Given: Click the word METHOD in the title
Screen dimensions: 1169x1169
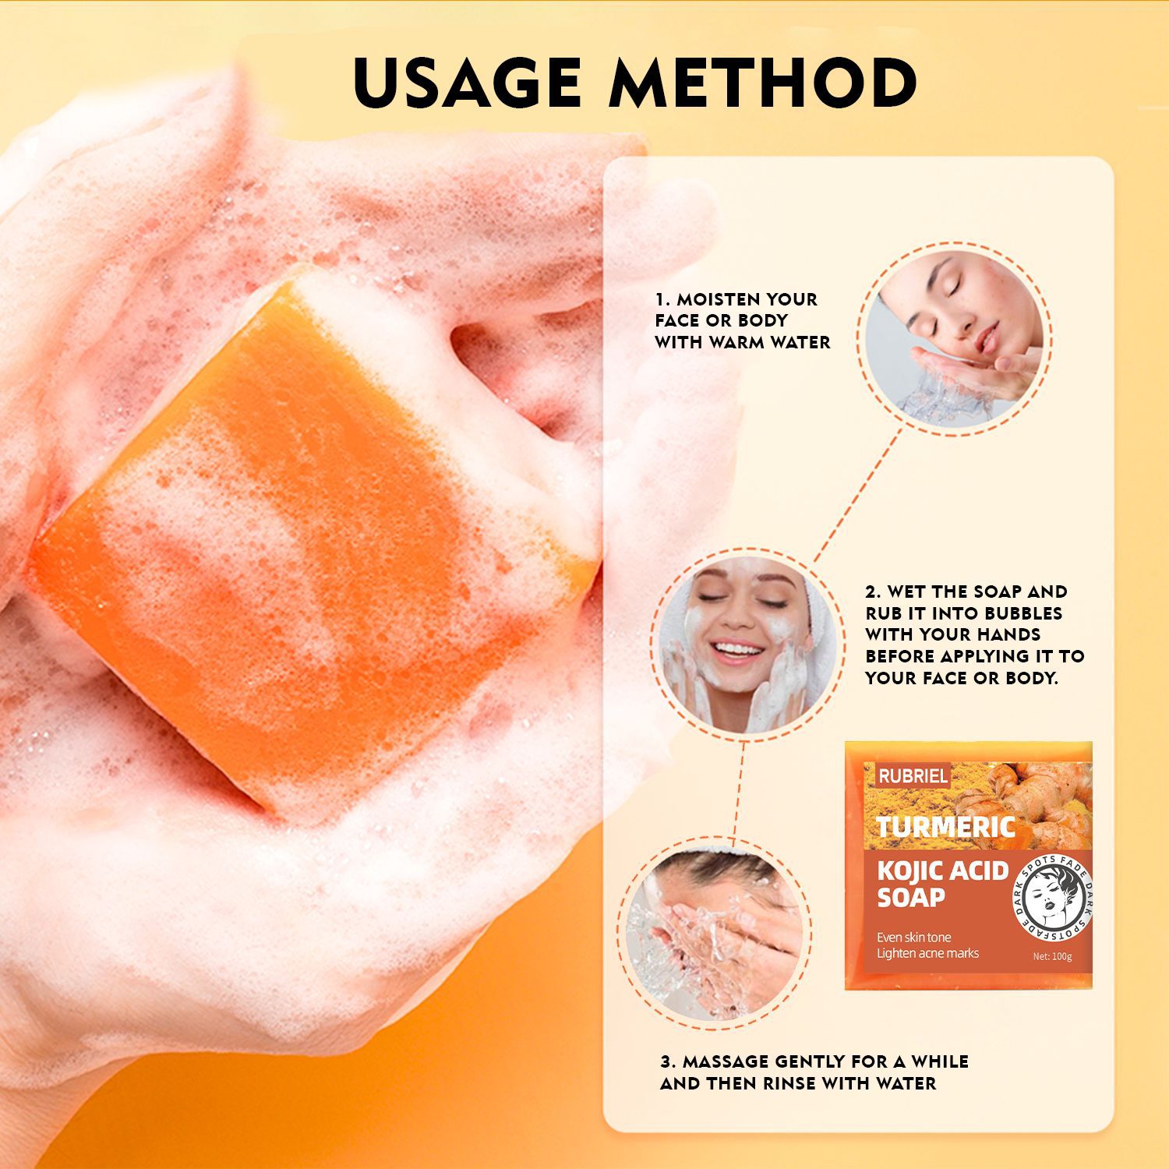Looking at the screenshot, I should (x=762, y=82).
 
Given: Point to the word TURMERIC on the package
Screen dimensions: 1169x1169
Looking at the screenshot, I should (x=945, y=827).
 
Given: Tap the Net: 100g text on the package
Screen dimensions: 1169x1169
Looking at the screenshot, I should (x=1051, y=956).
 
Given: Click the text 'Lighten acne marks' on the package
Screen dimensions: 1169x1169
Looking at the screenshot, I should (x=927, y=953).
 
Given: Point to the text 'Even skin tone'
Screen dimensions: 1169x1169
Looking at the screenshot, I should (x=913, y=937).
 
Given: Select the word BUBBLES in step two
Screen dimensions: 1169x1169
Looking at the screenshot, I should (x=1022, y=613).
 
